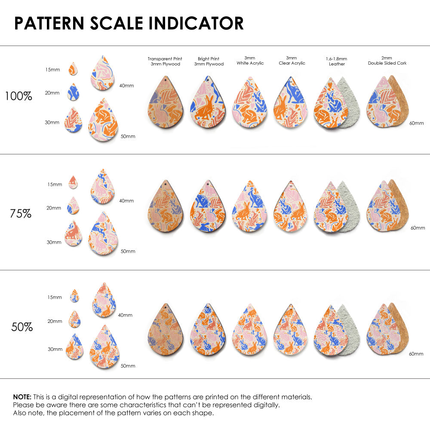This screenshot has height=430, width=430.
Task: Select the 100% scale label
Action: click(x=18, y=96)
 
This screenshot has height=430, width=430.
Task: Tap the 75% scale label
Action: click(x=21, y=213)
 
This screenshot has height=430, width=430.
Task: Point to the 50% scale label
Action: click(x=22, y=327)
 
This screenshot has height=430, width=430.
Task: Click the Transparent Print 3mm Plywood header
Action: click(x=165, y=61)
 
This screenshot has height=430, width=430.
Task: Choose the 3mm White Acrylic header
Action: click(x=250, y=61)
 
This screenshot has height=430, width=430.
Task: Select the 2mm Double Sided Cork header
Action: click(x=387, y=61)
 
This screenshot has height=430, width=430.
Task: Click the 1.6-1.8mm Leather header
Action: click(x=337, y=61)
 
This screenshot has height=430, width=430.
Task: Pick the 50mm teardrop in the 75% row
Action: click(x=103, y=235)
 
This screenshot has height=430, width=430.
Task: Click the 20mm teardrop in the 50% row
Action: click(x=75, y=319)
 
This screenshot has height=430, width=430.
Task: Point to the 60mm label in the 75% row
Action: click(x=418, y=227)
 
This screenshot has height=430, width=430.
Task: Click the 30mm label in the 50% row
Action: click(x=55, y=350)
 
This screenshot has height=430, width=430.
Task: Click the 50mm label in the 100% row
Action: click(x=128, y=136)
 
